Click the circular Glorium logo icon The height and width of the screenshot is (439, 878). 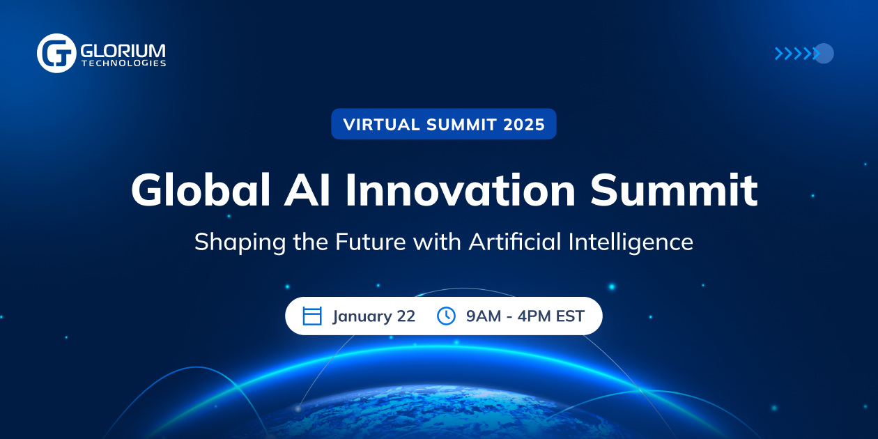click(x=56, y=53)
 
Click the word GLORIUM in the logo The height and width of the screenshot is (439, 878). click(x=123, y=49)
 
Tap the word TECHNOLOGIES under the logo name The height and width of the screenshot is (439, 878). click(x=123, y=63)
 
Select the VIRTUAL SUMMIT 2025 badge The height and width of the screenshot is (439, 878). click(x=443, y=124)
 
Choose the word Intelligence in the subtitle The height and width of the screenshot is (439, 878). click(x=631, y=242)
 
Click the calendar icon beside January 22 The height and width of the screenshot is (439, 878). click(x=312, y=316)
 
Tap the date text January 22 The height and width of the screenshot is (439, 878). click(x=373, y=316)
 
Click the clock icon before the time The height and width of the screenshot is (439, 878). click(x=446, y=316)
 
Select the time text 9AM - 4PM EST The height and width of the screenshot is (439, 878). click(x=525, y=316)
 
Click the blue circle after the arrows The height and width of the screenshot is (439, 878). click(x=824, y=54)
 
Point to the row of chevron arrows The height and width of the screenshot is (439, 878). click(x=796, y=54)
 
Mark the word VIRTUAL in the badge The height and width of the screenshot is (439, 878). click(x=382, y=125)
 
